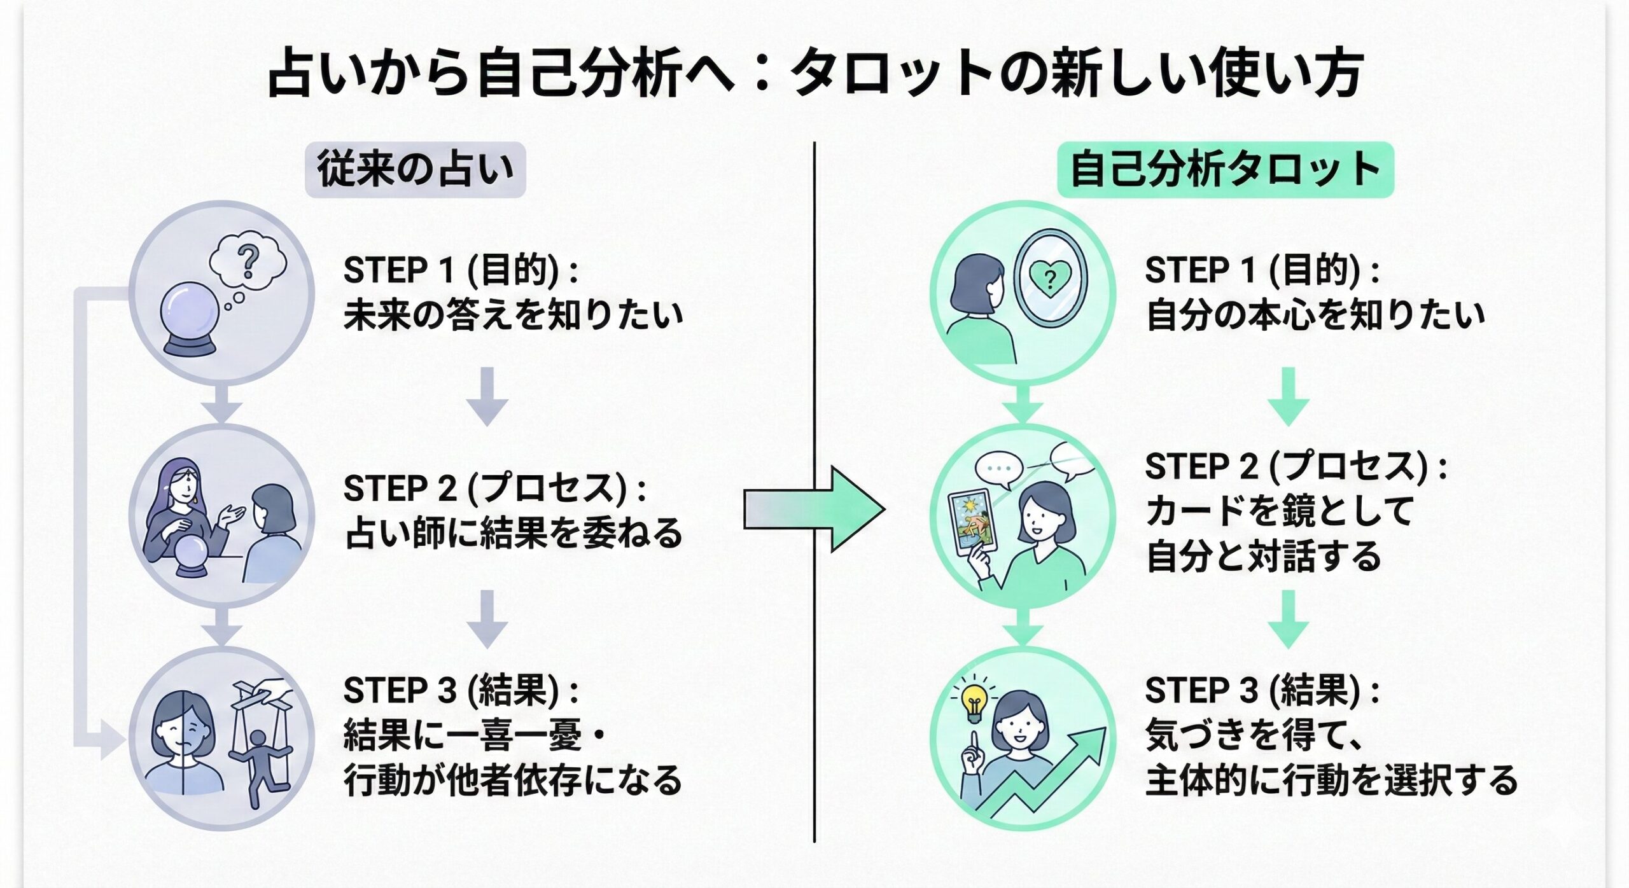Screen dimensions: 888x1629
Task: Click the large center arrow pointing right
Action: click(x=814, y=510)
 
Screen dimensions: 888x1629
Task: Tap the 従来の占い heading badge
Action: click(x=415, y=170)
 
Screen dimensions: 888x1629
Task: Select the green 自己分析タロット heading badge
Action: click(x=1225, y=170)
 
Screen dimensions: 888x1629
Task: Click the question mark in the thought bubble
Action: click(x=248, y=261)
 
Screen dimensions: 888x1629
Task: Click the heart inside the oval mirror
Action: click(x=1050, y=278)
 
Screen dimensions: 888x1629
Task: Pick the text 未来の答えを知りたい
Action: click(x=513, y=315)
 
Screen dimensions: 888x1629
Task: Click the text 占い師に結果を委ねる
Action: click(x=513, y=533)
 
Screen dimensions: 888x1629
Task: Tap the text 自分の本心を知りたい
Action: click(x=1315, y=315)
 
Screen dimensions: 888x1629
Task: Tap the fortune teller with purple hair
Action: click(x=182, y=509)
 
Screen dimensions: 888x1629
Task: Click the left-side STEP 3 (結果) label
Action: click(x=461, y=691)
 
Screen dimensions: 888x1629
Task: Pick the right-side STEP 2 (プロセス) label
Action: click(x=1296, y=468)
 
